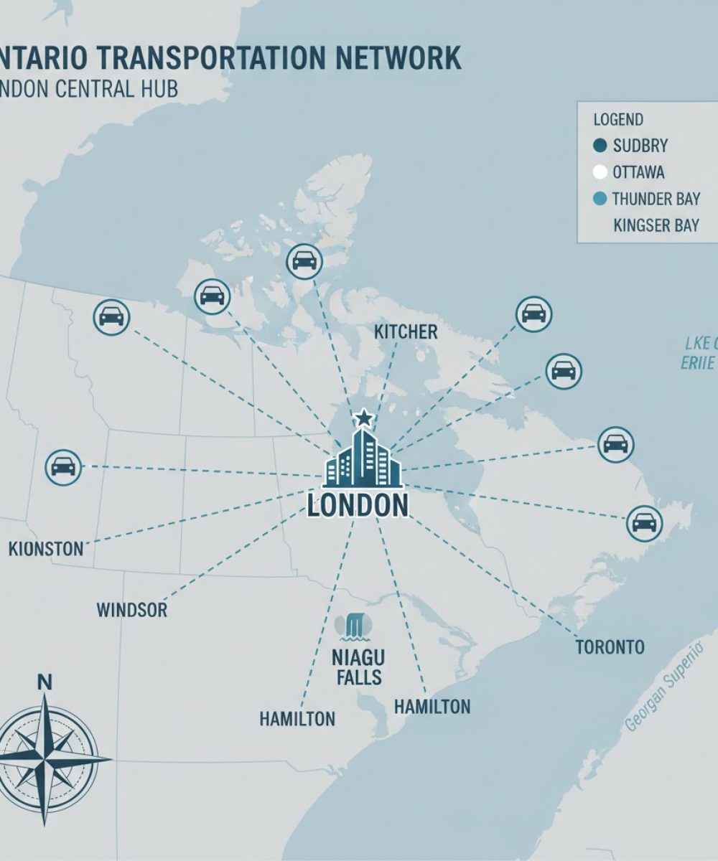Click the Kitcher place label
406,331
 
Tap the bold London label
358,505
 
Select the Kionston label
47,550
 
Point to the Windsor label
131,611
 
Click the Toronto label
610,647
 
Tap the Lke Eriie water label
698,352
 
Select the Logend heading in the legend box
618,120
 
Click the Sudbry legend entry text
640,146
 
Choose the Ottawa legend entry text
638,172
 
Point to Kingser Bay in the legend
656,225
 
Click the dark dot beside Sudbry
600,146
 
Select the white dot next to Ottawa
600,172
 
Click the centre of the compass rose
45,758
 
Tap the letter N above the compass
45,682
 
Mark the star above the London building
364,417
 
